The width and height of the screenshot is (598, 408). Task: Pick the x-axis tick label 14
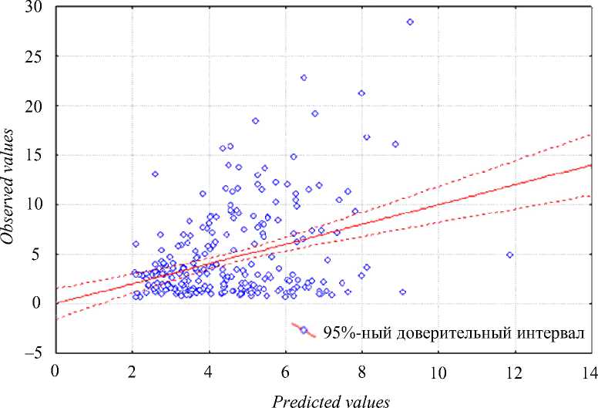pyautogui.click(x=589, y=372)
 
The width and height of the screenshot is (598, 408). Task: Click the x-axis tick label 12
pyautogui.click(x=514, y=372)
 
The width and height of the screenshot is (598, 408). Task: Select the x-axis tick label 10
pyautogui.click(x=438, y=372)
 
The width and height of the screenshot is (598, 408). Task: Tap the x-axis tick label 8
pyautogui.click(x=362, y=372)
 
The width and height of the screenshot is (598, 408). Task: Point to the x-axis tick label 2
pyautogui.click(x=133, y=372)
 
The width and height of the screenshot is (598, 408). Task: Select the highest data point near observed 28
pyautogui.click(x=410, y=22)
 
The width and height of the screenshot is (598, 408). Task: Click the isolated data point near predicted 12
pyautogui.click(x=509, y=255)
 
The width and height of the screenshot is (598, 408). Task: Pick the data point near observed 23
pyautogui.click(x=304, y=78)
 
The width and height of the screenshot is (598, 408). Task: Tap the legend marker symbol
pyautogui.click(x=304, y=330)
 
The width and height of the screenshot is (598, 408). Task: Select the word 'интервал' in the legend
pyautogui.click(x=551, y=332)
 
